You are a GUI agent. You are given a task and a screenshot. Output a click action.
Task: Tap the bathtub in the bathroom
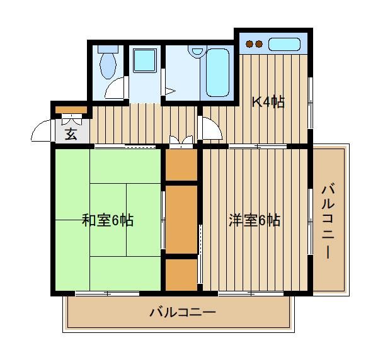pos(217,72)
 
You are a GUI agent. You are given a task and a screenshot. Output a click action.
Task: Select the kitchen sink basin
pos(284,44)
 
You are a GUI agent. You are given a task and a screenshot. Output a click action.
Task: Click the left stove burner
pos(249,44)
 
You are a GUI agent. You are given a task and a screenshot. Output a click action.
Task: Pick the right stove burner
pos(259,44)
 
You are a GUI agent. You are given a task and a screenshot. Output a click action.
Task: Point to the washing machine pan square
pos(145,60)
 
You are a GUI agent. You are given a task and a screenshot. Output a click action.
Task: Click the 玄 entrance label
pos(71,134)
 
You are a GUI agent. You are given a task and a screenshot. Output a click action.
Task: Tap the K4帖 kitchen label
pos(268,102)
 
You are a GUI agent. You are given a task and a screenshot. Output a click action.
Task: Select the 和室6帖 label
pos(108,220)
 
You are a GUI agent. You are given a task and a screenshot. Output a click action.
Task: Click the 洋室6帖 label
pos(255,220)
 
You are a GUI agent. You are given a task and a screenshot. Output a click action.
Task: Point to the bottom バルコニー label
pos(183,312)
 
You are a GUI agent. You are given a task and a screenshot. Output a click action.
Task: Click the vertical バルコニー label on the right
pos(328,221)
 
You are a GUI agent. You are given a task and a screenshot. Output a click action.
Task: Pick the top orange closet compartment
pos(181,165)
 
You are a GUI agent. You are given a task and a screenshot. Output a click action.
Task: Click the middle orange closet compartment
pos(181,220)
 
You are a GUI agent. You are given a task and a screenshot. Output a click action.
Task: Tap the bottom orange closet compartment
pos(181,275)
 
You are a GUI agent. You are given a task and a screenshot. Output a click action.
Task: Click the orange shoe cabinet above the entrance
pos(71,110)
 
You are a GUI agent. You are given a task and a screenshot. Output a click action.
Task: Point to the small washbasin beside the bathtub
pos(197,50)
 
